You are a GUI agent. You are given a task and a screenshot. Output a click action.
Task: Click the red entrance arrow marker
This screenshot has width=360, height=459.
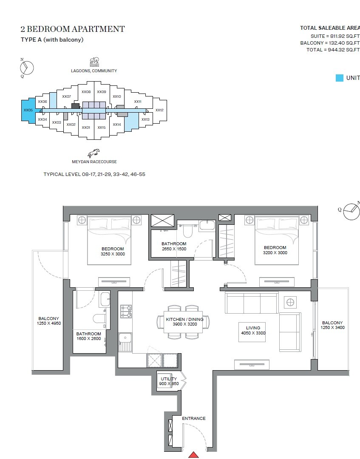194,455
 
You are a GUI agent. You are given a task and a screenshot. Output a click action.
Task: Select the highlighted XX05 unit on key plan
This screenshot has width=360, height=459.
28,110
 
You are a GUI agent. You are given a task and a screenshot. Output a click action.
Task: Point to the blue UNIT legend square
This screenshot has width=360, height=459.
339,78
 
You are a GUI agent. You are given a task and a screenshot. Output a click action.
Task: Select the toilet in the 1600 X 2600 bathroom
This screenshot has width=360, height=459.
99,318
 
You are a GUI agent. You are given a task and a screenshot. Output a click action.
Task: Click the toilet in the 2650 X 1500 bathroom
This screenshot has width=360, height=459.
187,230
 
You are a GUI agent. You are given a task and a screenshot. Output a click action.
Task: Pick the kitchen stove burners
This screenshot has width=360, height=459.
126,311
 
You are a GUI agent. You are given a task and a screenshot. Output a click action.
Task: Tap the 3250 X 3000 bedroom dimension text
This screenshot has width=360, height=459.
113,254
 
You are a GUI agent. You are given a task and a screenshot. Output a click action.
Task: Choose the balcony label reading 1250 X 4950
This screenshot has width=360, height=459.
48,323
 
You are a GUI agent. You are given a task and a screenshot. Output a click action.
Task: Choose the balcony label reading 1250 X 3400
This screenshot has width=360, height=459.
332,328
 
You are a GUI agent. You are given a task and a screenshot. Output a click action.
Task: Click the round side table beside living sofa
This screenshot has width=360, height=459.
290,302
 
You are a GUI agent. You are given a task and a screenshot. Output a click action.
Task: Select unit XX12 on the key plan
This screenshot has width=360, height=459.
159,110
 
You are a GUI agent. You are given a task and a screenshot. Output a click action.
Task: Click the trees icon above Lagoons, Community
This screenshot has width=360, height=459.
94,62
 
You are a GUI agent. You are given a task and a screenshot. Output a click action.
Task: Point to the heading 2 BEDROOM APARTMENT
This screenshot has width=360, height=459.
73,29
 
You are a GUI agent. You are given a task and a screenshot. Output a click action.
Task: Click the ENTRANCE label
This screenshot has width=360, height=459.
194,419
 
